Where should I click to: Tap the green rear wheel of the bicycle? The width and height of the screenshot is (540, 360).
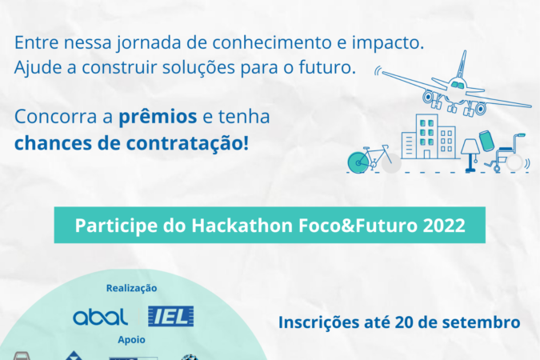pyautogui.click(x=358, y=162)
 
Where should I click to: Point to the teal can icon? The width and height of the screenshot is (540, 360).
pyautogui.click(x=486, y=141)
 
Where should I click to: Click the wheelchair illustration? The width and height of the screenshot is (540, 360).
pyautogui.click(x=506, y=154)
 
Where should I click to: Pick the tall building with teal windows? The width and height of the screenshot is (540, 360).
pyautogui.click(x=426, y=137)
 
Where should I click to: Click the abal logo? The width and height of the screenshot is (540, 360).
pyautogui.click(x=100, y=317)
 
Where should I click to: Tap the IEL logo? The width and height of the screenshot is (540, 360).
pyautogui.click(x=171, y=316)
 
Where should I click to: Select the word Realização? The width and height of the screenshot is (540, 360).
pyautogui.click(x=131, y=288)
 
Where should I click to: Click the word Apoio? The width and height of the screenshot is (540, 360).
pyautogui.click(x=131, y=340)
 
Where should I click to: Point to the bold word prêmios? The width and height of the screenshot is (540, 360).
pyautogui.click(x=158, y=117)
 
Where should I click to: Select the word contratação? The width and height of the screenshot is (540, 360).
pyautogui.click(x=187, y=143)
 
